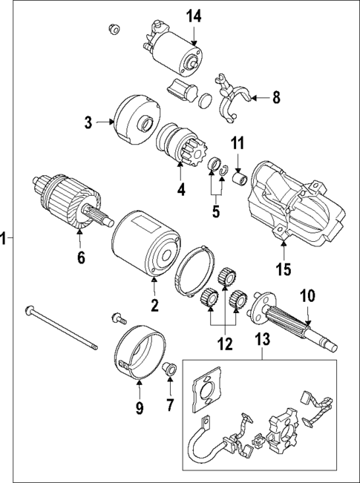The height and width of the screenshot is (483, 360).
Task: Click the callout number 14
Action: point(193,15)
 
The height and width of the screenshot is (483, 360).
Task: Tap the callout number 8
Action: point(276,96)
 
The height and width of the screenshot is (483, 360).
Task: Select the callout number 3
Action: point(88,122)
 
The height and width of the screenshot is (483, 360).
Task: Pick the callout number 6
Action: point(81,257)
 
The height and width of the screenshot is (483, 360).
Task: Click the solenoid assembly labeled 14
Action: point(175,50)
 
